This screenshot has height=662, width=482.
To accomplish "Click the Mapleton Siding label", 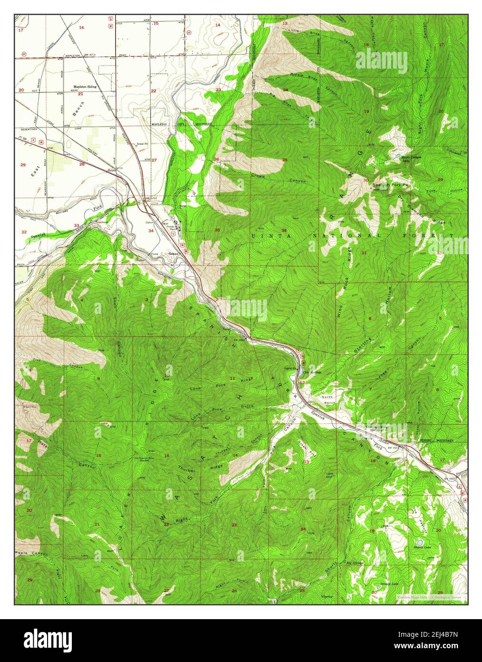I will (x=84, y=87).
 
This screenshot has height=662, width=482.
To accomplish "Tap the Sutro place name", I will (x=112, y=170).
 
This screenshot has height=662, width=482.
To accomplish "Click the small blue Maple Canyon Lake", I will (x=396, y=155).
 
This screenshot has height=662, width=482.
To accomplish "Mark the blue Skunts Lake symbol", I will (x=419, y=542).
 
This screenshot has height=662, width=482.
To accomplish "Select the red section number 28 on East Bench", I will (x=82, y=164).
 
